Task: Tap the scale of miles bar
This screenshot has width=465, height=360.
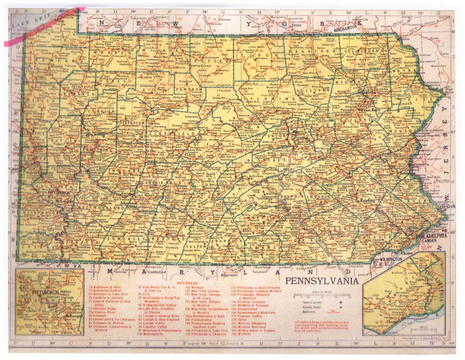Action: pyautogui.click(x=328, y=294)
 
